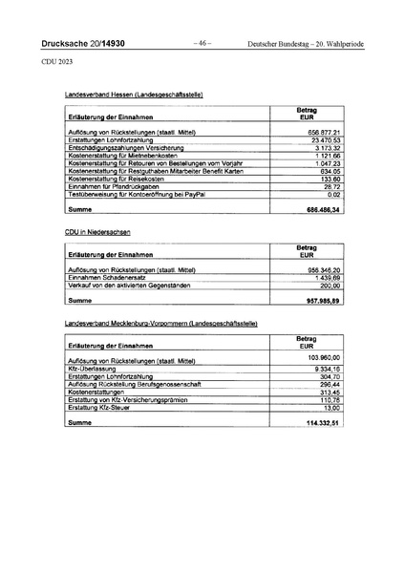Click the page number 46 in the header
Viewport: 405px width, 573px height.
pyautogui.click(x=202, y=44)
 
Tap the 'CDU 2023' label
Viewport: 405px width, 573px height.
pyautogui.click(x=57, y=60)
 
